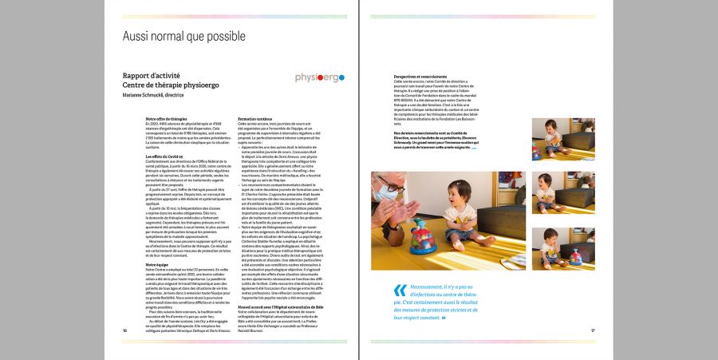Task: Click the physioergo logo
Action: click(319, 77)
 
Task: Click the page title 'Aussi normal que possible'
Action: click(183, 37)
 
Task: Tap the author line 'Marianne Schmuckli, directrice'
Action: click(153, 95)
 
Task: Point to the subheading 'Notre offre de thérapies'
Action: click(166, 117)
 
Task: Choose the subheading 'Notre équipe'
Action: click(157, 263)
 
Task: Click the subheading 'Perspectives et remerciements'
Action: click(420, 77)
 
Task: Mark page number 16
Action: click(125, 330)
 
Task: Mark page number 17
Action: click(593, 330)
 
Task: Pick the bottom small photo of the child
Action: click(563, 247)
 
